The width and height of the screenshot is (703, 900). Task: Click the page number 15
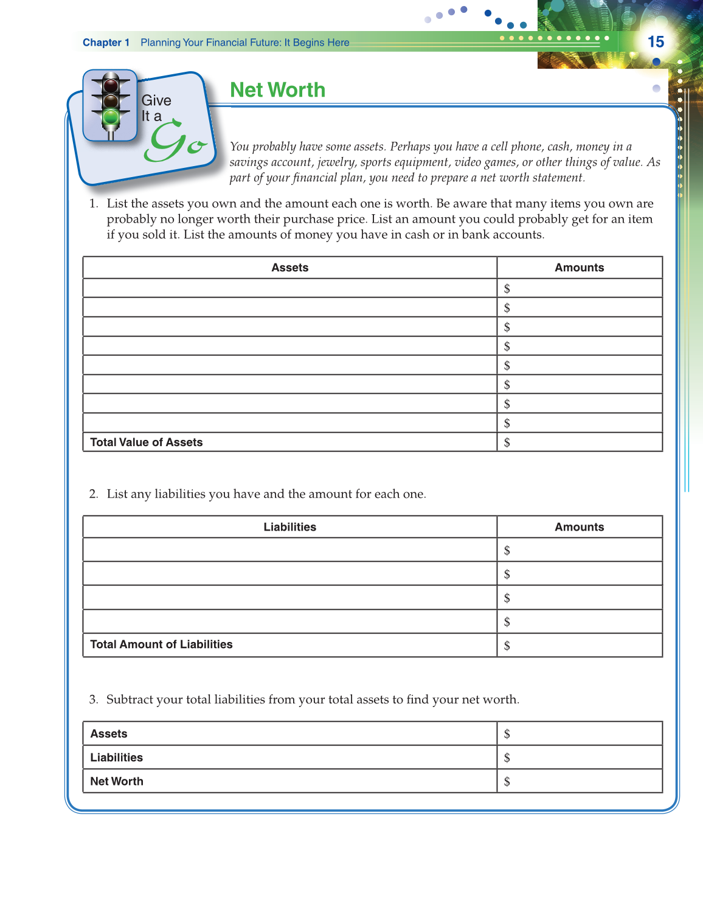pyautogui.click(x=656, y=42)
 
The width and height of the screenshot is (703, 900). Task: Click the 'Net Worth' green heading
pyautogui.click(x=277, y=90)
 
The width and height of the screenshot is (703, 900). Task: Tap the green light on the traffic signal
pyautogui.click(x=111, y=117)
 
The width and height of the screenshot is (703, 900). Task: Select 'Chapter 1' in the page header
pyautogui.click(x=106, y=43)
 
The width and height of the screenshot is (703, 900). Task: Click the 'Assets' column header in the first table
pyautogui.click(x=289, y=268)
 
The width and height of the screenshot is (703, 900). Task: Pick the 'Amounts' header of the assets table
pyautogui.click(x=579, y=268)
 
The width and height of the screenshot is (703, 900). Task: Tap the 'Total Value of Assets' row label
pyautogui.click(x=146, y=442)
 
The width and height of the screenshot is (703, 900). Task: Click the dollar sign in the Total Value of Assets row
pyautogui.click(x=507, y=443)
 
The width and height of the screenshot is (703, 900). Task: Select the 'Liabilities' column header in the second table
pyautogui.click(x=289, y=527)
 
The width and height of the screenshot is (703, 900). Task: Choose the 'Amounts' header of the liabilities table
pyautogui.click(x=579, y=527)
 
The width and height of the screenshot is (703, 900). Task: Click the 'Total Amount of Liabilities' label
pyautogui.click(x=161, y=644)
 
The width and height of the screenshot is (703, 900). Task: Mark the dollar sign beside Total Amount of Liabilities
pyautogui.click(x=507, y=646)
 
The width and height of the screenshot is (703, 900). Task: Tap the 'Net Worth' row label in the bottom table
pyautogui.click(x=117, y=781)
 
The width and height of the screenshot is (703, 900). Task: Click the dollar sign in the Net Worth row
pyautogui.click(x=507, y=782)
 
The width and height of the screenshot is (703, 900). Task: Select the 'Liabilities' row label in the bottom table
pyautogui.click(x=116, y=758)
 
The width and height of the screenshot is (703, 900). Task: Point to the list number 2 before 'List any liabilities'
pyautogui.click(x=93, y=494)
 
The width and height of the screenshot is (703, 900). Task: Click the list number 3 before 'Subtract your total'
pyautogui.click(x=93, y=700)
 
